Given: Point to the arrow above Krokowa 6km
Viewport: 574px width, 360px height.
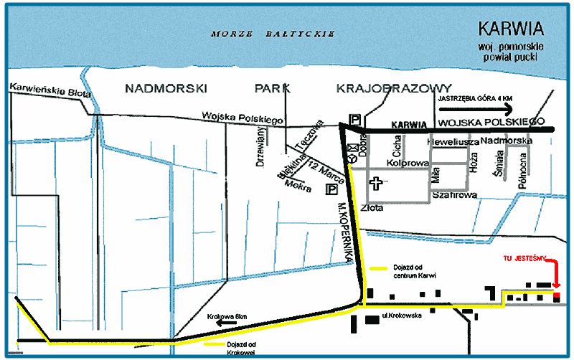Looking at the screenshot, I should coord(229,323).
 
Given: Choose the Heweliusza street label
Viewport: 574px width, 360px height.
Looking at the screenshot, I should coord(452,142).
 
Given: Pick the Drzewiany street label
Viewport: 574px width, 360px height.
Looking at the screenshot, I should coord(262,146).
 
